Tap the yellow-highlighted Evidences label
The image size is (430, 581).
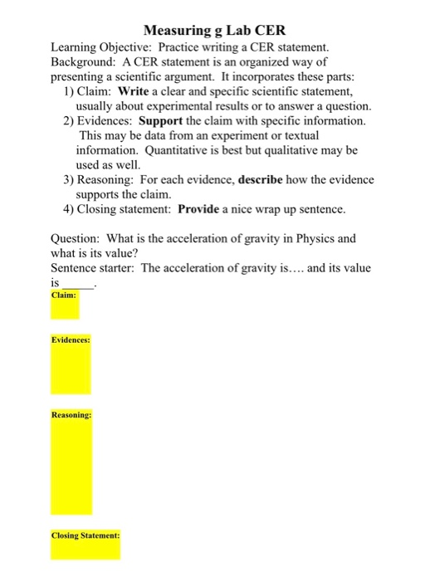[x=71, y=340]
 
